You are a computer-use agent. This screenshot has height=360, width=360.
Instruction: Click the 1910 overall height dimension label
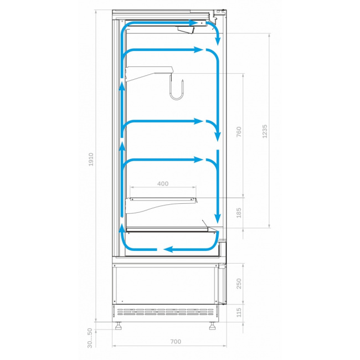pos(91,160)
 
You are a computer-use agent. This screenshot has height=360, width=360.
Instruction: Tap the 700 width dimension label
pos(176,342)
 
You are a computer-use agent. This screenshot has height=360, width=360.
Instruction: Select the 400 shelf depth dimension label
pos(163,184)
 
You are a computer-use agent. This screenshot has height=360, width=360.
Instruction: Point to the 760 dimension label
pos(239,132)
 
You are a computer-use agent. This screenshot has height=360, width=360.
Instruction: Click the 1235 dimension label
pos(265,131)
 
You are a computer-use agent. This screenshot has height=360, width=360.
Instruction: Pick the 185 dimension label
pos(239,213)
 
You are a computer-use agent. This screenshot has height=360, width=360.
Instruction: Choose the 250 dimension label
pos(239,284)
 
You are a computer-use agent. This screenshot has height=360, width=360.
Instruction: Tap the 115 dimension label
pos(239,313)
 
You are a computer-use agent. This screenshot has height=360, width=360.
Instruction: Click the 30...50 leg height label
pos(90,338)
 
